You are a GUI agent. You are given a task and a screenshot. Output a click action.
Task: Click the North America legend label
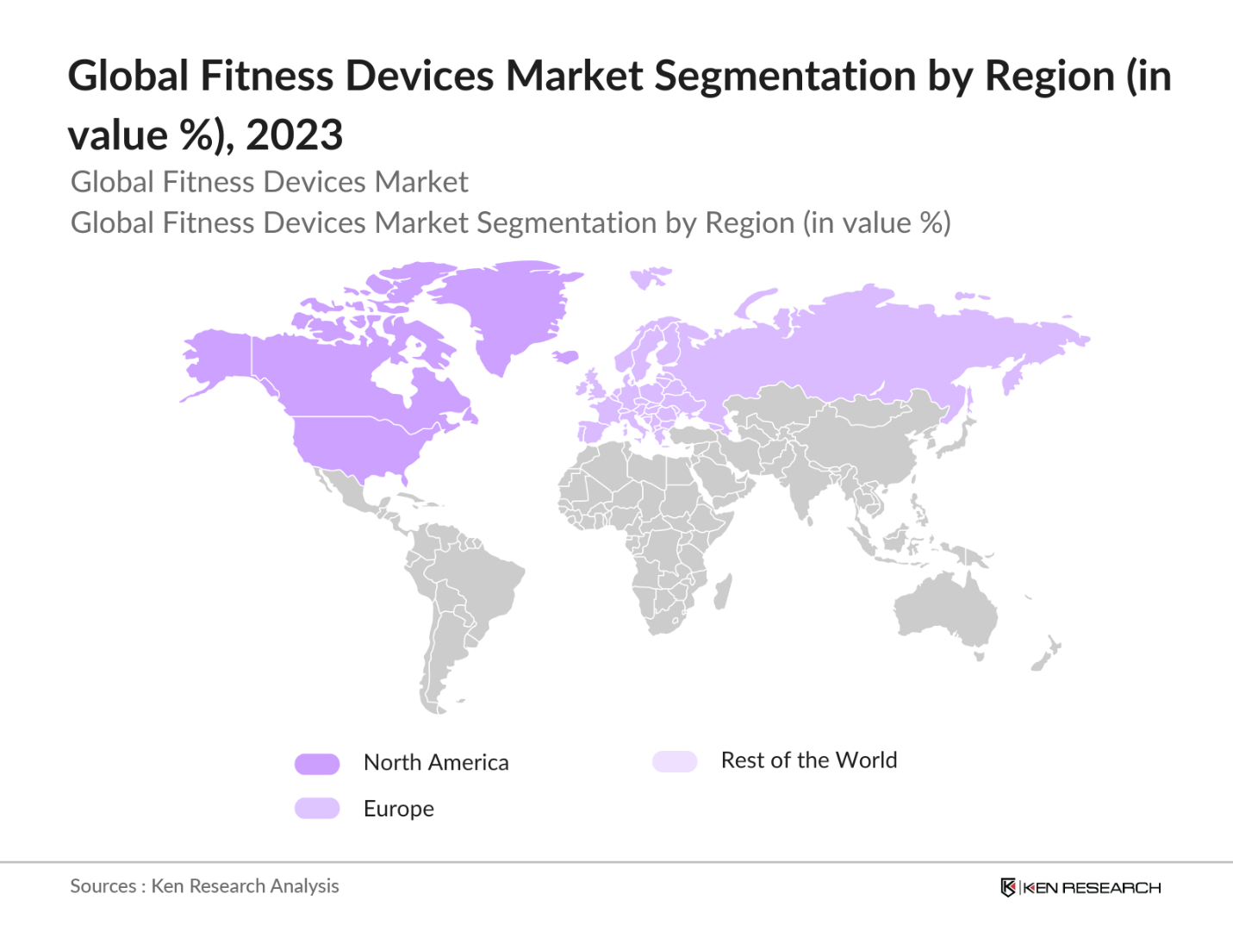click(436, 762)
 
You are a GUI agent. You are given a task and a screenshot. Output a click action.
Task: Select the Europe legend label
click(398, 809)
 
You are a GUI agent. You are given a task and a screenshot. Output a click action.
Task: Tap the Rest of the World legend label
click(808, 760)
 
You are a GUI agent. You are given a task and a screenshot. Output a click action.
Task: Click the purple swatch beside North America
click(317, 764)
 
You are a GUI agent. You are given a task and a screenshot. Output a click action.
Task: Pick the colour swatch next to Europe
click(317, 809)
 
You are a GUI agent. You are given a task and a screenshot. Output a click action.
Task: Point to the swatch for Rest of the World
click(675, 761)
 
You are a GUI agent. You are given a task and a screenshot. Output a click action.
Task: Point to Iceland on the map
click(565, 356)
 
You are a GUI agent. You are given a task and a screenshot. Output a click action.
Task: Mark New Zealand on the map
click(1048, 653)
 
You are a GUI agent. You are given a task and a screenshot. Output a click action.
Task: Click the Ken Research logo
click(1080, 887)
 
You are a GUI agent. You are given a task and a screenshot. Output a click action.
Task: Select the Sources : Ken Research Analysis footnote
click(204, 886)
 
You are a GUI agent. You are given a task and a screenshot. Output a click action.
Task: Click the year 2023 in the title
click(295, 135)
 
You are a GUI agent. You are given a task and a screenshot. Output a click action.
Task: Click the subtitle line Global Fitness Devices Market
click(269, 182)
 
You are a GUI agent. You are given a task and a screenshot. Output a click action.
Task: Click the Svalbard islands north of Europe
click(650, 277)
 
